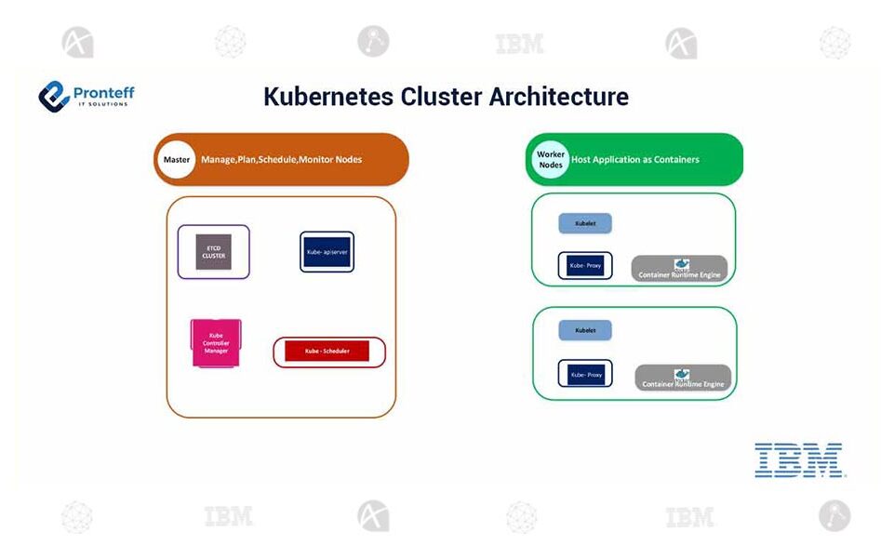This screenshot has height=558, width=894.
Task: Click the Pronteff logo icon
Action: pyautogui.click(x=54, y=96)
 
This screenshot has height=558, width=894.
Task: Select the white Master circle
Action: pyautogui.click(x=176, y=160)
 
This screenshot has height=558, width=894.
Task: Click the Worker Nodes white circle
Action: pyautogui.click(x=551, y=160)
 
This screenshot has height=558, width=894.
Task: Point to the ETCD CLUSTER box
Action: pyautogui.click(x=213, y=252)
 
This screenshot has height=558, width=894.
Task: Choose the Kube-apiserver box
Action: pyautogui.click(x=327, y=251)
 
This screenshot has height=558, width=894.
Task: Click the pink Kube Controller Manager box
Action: pyautogui.click(x=216, y=343)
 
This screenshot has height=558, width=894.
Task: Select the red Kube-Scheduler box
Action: pyautogui.click(x=327, y=352)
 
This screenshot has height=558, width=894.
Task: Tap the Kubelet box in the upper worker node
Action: pyautogui.click(x=585, y=224)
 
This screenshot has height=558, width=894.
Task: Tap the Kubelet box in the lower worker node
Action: pyautogui.click(x=585, y=330)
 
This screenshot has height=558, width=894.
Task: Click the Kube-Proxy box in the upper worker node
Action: pyautogui.click(x=585, y=266)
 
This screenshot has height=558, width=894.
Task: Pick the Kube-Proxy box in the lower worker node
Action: pyautogui.click(x=585, y=374)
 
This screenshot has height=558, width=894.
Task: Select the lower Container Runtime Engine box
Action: pyautogui.click(x=684, y=379)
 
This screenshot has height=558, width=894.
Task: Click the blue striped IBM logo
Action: pyautogui.click(x=798, y=460)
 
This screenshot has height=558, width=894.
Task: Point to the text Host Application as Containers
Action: pyautogui.click(x=634, y=160)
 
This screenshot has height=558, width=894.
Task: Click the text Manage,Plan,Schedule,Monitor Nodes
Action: pyautogui.click(x=281, y=160)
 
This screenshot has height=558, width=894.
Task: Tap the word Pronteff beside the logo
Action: pyautogui.click(x=103, y=91)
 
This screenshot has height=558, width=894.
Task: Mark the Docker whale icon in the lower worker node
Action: pyautogui.click(x=682, y=374)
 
